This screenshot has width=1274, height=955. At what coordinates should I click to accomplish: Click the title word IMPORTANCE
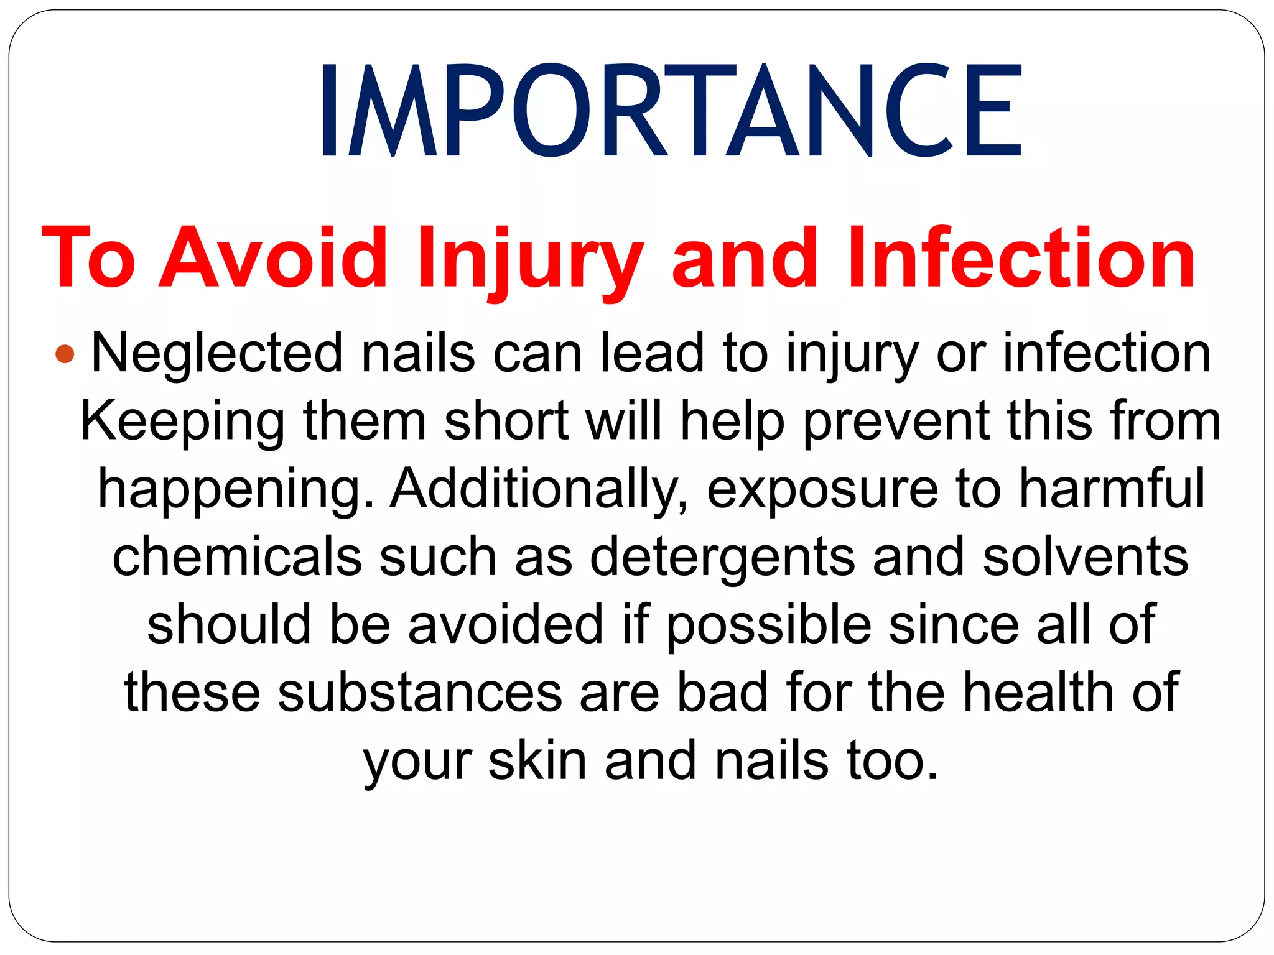671,111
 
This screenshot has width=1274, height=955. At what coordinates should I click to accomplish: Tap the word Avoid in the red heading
274,258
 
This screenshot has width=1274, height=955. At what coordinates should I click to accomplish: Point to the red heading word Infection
1021,258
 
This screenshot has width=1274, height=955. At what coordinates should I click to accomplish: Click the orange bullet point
65,354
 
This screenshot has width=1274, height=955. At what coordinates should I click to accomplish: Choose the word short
506,421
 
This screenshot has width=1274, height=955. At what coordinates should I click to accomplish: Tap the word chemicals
237,556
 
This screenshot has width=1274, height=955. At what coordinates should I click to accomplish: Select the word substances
420,693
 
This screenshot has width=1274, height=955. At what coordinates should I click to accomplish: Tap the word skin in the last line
537,761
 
